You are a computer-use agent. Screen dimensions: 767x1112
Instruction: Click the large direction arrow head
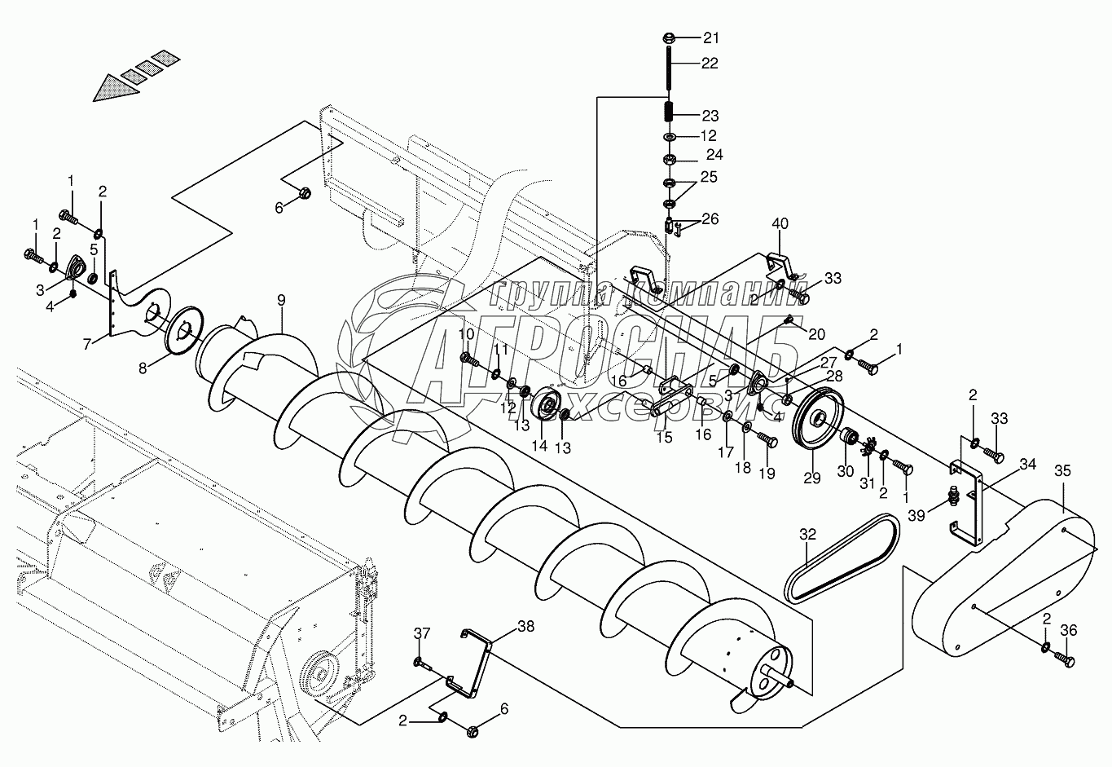click(x=110, y=86)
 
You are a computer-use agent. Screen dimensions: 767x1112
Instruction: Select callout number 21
click(x=711, y=38)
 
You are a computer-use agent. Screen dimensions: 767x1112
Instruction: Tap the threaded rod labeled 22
click(x=668, y=69)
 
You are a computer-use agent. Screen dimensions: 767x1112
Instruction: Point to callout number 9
click(x=281, y=300)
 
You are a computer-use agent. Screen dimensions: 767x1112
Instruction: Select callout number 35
click(x=1063, y=470)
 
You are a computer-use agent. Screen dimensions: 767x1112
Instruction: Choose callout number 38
click(x=526, y=626)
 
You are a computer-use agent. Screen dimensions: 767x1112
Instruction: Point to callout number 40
click(x=780, y=223)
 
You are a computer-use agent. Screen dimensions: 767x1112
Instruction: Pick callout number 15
click(x=664, y=437)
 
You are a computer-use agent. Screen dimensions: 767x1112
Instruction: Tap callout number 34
click(x=1027, y=465)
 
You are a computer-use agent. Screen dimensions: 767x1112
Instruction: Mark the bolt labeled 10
click(x=469, y=358)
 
